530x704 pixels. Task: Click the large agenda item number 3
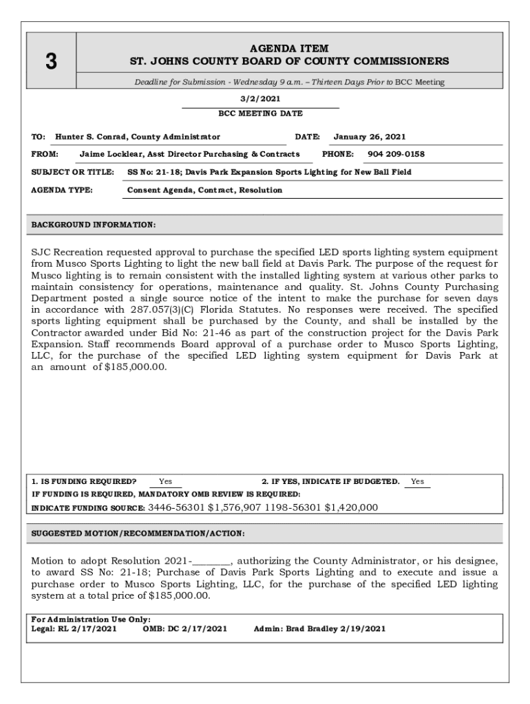[x=51, y=62]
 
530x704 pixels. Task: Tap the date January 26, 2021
[x=369, y=137]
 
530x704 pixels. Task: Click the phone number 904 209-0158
[x=396, y=154]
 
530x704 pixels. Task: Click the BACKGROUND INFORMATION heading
[x=94, y=225]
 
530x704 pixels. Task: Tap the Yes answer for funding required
[x=165, y=481]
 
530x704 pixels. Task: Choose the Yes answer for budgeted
[x=417, y=481]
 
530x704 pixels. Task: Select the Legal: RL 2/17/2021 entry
[x=74, y=628]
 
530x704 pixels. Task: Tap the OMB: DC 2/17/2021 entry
[x=184, y=628]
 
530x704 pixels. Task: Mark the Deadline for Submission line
[x=289, y=82]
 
